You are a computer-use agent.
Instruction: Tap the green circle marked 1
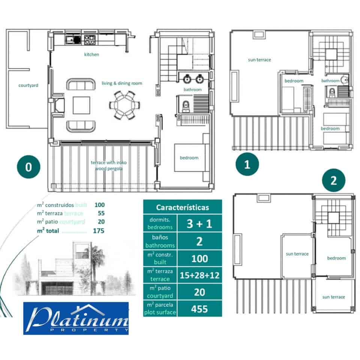[x=247, y=165]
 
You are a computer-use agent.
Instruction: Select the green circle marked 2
[x=333, y=181]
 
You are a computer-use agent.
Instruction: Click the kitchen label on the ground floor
[x=91, y=55]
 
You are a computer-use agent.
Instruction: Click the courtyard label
[x=28, y=85]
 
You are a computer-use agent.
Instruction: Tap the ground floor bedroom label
[x=189, y=158]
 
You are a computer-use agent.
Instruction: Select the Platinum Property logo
[x=76, y=318]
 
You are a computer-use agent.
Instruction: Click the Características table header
[x=182, y=207]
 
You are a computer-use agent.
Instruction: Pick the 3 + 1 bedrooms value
[x=199, y=223]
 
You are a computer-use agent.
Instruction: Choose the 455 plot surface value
[x=199, y=309]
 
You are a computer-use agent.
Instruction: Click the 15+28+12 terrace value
[x=199, y=275]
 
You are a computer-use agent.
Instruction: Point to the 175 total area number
[x=99, y=231]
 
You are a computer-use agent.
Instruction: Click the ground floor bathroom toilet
[x=185, y=107]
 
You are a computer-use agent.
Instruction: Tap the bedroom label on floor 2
[x=336, y=258]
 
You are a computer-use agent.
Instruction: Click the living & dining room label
[x=122, y=83]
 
